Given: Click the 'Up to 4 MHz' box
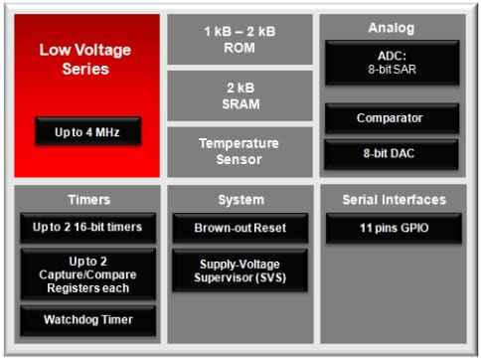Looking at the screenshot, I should click(87, 130).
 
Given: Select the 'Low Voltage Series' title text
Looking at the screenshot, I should click(86, 59).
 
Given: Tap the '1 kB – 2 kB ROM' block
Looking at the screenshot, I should click(240, 39).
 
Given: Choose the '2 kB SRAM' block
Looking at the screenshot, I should click(240, 94).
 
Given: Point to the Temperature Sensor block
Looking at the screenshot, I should click(240, 151).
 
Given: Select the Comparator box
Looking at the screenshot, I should click(392, 118).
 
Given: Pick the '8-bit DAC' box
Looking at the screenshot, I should click(392, 154).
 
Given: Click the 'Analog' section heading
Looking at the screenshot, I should click(392, 28).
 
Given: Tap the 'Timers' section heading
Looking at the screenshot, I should click(86, 200).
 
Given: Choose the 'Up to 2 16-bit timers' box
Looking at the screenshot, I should click(87, 228).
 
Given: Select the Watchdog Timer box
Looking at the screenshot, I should click(87, 320).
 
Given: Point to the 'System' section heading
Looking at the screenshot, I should click(240, 200).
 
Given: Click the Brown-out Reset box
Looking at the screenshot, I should click(240, 228).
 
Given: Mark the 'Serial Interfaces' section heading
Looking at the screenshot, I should click(392, 200).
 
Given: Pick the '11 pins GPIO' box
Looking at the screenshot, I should click(392, 228).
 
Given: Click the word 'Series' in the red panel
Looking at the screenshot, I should click(86, 69).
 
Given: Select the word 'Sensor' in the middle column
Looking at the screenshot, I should click(240, 159).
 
